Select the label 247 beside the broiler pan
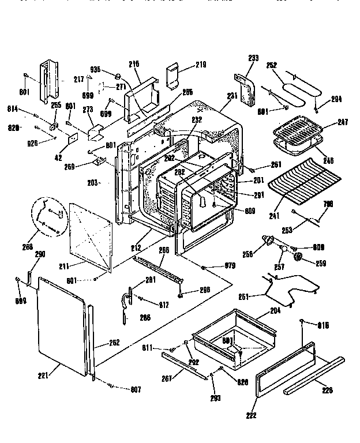pyautogui.click(x=328, y=122)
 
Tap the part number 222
pyautogui.click(x=250, y=415)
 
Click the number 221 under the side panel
pyautogui.click(x=43, y=376)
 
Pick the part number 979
pyautogui.click(x=230, y=266)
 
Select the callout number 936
pyautogui.click(x=95, y=70)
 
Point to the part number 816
pyautogui.click(x=322, y=325)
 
